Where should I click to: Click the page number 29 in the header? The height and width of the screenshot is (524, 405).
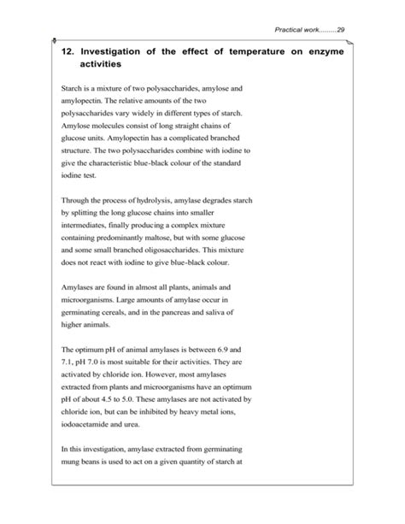click(340, 31)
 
